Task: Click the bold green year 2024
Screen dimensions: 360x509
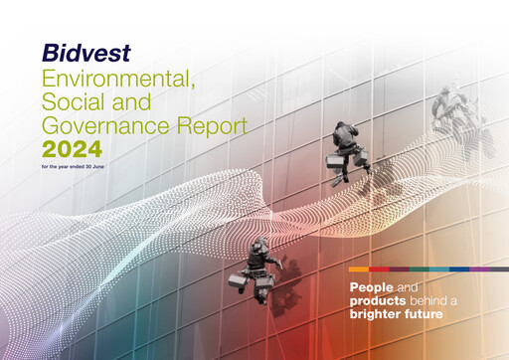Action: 74,150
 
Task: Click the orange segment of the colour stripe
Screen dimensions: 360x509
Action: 359,270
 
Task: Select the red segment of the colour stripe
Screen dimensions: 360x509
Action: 379,270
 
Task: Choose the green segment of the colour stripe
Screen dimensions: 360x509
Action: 418,270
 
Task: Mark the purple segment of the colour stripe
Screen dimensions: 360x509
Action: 478,270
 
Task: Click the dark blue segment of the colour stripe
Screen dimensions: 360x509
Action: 458,270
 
